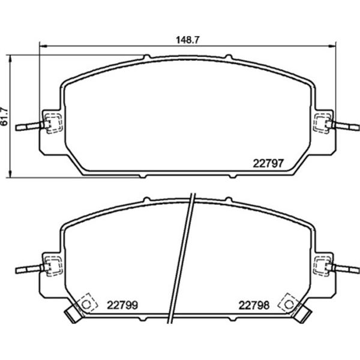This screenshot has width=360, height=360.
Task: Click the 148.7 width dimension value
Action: [187, 40]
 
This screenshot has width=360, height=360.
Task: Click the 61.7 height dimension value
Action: [4, 116]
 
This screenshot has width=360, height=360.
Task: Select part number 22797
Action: [268, 163]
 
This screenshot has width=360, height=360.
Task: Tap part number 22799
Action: [122, 305]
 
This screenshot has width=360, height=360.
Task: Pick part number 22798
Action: [254, 305]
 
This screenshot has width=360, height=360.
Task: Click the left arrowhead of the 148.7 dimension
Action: [43, 46]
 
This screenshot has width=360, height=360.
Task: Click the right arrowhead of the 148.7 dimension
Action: [332, 46]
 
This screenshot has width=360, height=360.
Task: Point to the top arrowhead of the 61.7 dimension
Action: [10, 59]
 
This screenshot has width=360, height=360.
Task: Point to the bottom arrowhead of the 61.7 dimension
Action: [10, 174]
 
